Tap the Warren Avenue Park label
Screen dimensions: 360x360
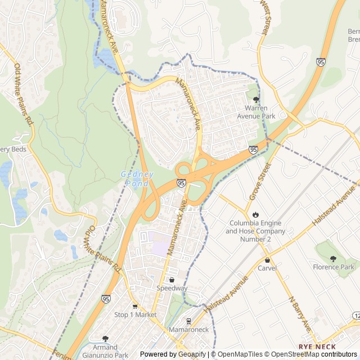(259, 111)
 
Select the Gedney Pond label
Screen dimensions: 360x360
(137, 179)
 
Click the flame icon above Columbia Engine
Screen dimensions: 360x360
(255, 214)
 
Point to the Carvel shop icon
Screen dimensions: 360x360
(267, 260)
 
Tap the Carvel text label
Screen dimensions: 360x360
(267, 268)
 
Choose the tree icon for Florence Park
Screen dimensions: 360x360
(334, 258)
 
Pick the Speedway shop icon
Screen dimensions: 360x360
(172, 280)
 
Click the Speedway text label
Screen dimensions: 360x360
(172, 288)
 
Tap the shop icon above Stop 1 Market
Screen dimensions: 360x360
(135, 307)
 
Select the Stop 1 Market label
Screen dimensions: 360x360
(135, 315)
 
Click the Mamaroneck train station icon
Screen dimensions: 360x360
(188, 321)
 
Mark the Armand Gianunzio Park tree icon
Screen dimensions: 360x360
(105, 339)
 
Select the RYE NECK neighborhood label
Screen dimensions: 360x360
(317, 346)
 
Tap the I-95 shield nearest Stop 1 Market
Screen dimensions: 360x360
(106, 299)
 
